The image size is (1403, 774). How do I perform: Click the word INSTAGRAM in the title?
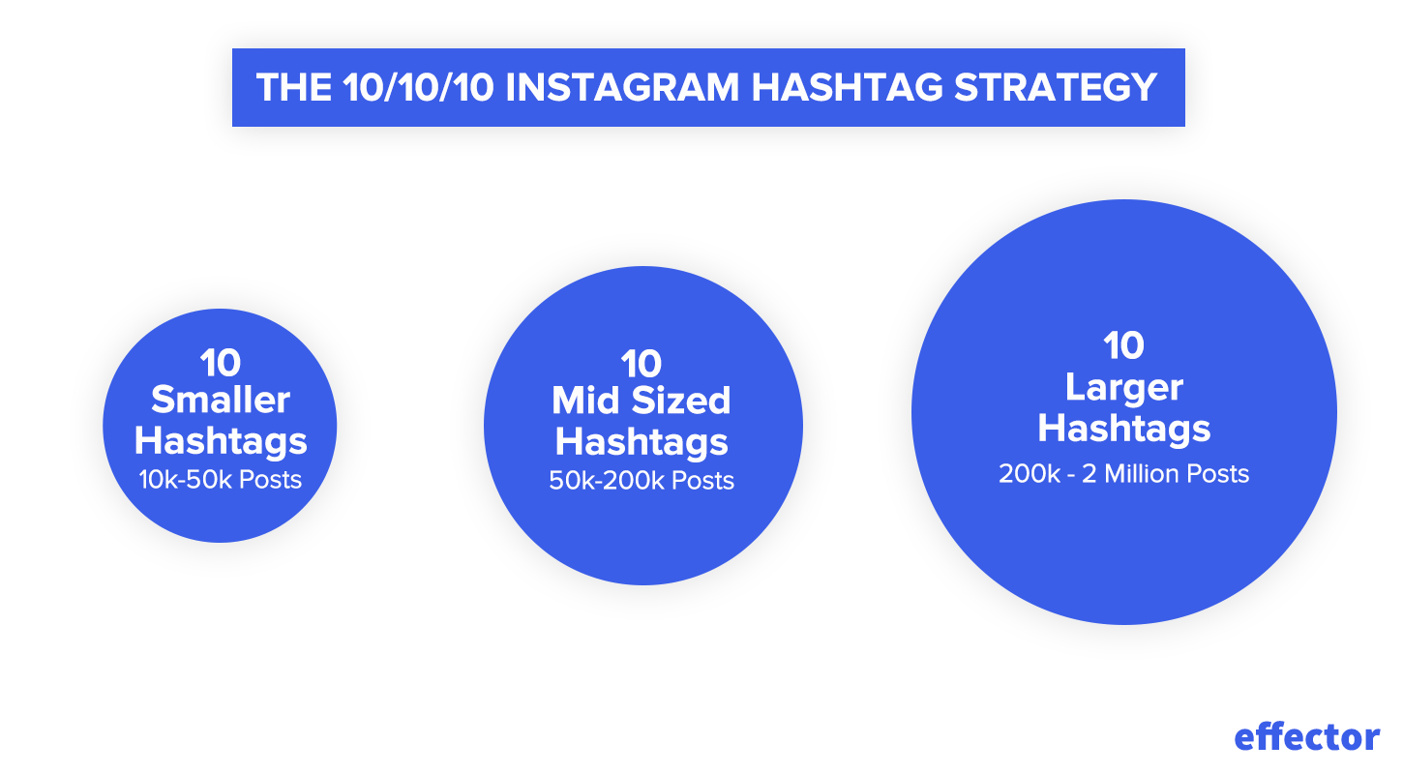622,87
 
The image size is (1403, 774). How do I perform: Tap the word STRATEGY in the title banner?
1056,87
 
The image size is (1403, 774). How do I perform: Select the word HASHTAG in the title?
847,87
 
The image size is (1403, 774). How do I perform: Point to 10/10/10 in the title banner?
418,87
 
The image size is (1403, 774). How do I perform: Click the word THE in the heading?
294,87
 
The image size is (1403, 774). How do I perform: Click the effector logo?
1306,737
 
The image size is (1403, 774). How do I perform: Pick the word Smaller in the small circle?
221,400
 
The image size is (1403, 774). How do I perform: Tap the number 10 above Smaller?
221,363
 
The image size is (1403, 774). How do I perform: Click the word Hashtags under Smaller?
221,441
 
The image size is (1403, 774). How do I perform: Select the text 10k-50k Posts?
221,480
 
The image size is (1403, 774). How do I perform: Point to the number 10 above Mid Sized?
642,364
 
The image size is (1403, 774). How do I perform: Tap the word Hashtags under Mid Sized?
642,442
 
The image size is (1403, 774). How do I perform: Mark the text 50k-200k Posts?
642,481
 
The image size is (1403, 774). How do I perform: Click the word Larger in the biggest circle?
1124,388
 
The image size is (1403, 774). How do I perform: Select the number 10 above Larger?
1124,345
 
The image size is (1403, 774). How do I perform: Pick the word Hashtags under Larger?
1124,429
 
